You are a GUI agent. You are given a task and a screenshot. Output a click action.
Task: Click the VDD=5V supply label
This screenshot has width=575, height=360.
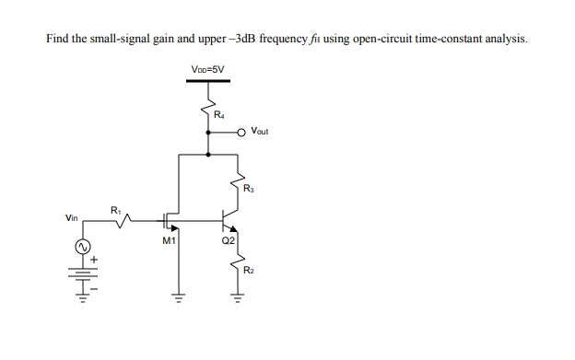(x=207, y=68)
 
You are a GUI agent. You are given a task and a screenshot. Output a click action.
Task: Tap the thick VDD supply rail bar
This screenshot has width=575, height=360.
(x=207, y=81)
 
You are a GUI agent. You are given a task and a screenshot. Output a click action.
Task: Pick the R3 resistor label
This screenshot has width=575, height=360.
(x=249, y=189)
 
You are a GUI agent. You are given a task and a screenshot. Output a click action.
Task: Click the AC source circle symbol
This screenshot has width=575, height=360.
(x=80, y=248)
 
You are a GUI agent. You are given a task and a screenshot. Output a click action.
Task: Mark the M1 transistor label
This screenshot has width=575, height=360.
(x=168, y=241)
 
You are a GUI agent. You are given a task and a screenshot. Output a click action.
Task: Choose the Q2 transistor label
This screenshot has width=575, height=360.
(x=229, y=241)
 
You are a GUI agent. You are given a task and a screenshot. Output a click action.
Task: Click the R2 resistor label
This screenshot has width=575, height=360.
(x=249, y=270)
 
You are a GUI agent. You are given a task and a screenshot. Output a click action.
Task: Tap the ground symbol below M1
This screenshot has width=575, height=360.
(x=178, y=296)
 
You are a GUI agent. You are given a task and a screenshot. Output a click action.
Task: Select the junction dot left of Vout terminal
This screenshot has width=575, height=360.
(x=207, y=132)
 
